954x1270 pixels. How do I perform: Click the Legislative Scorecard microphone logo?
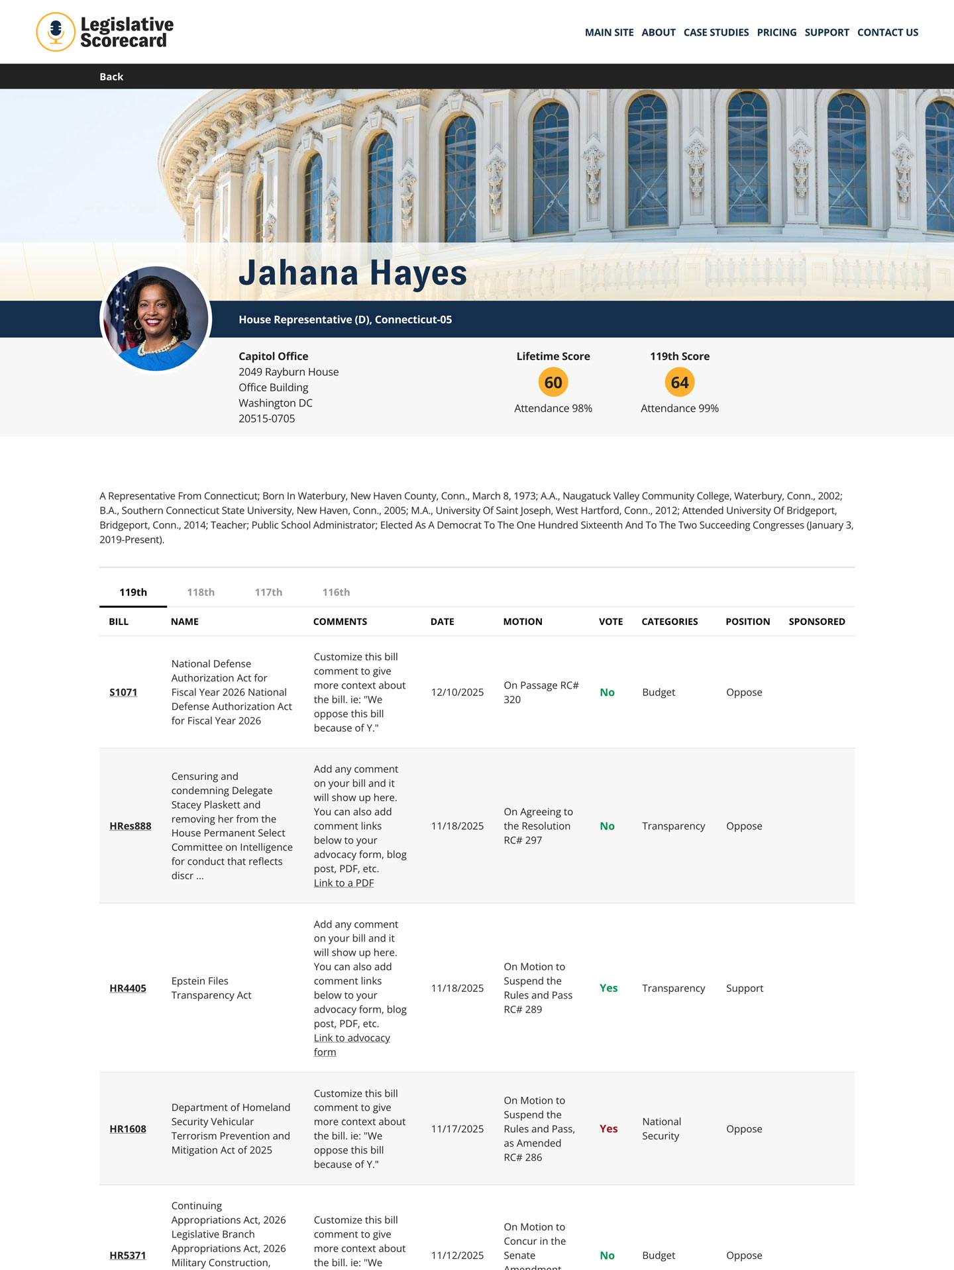point(56,32)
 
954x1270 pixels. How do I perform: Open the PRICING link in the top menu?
point(776,32)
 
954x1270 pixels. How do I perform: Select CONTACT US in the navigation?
point(887,32)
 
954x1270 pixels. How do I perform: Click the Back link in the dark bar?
point(111,77)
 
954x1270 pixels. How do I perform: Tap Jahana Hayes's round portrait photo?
point(156,319)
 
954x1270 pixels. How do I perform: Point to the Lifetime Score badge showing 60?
point(553,383)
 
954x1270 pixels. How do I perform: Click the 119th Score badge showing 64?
point(679,383)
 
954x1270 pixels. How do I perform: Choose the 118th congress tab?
point(201,592)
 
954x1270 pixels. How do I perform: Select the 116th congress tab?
point(336,592)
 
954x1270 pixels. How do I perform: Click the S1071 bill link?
point(123,693)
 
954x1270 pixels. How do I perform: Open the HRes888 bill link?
point(130,826)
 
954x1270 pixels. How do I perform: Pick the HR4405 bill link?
point(128,989)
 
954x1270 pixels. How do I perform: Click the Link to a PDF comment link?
point(344,883)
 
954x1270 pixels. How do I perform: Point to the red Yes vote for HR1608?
point(608,1129)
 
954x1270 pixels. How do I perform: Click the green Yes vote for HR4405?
point(608,989)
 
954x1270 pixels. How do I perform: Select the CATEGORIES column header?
point(669,622)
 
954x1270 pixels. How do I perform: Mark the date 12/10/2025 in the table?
point(457,693)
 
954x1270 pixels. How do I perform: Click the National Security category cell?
point(661,1129)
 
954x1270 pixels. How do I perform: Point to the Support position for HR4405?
point(745,989)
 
